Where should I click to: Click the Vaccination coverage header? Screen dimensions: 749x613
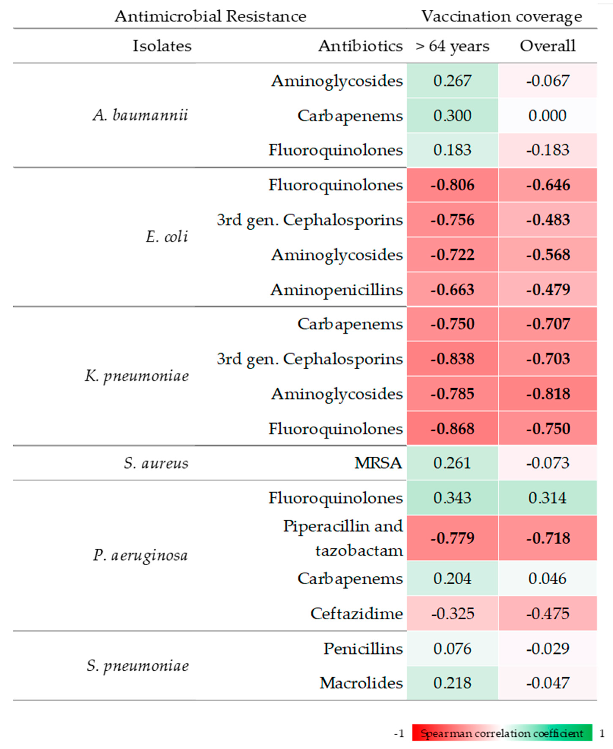pyautogui.click(x=501, y=16)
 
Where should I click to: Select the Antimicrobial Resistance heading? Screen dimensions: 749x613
pyautogui.click(x=210, y=16)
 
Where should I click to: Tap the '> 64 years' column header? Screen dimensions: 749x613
pyautogui.click(x=452, y=46)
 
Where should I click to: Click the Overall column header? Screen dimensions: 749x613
pyautogui.click(x=547, y=46)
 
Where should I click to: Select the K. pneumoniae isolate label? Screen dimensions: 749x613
pyautogui.click(x=137, y=376)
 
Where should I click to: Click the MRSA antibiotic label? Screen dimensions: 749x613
pyautogui.click(x=378, y=463)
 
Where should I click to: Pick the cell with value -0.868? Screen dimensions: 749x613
pyautogui.click(x=452, y=429)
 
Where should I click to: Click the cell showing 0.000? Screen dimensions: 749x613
pyautogui.click(x=547, y=115)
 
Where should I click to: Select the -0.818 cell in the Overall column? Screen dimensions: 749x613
pyautogui.click(x=547, y=394)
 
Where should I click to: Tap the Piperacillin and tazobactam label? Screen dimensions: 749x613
pyautogui.click(x=343, y=538)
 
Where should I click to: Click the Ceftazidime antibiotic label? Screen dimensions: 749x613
pyautogui.click(x=356, y=614)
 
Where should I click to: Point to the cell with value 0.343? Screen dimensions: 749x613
pyautogui.click(x=452, y=498)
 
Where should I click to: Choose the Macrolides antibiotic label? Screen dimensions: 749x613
pyautogui.click(x=361, y=683)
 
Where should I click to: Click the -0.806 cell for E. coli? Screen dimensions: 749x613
pyautogui.click(x=452, y=185)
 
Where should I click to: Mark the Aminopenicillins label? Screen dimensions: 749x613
pyautogui.click(x=336, y=290)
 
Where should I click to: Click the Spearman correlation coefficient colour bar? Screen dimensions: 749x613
pyautogui.click(x=502, y=734)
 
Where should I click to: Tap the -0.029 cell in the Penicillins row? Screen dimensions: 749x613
pyautogui.click(x=547, y=649)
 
